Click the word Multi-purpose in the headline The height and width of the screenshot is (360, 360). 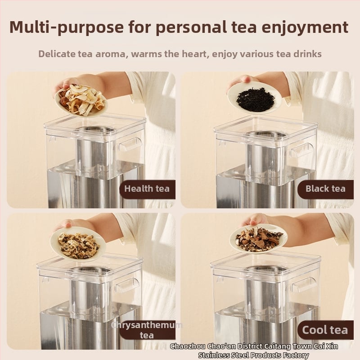[x=67, y=27]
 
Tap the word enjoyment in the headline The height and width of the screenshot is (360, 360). [x=305, y=27]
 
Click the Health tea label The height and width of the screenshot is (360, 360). [x=147, y=189]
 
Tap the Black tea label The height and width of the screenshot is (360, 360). [x=325, y=189]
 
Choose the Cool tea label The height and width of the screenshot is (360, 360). [x=325, y=330]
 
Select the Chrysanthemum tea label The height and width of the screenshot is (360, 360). [x=147, y=330]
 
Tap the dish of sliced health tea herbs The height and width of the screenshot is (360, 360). [x=81, y=100]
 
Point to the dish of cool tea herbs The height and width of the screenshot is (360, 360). [x=258, y=239]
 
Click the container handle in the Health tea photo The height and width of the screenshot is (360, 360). [x=130, y=144]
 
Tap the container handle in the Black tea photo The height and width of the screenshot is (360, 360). [x=301, y=150]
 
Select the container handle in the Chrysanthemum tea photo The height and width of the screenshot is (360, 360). [x=126, y=285]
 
